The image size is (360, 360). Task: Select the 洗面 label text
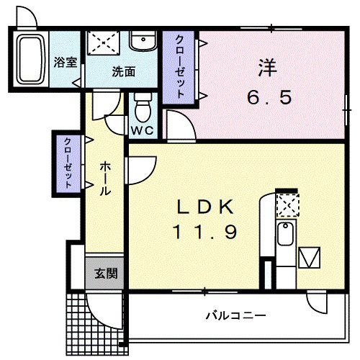[123, 71]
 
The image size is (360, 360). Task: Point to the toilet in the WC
[143, 109]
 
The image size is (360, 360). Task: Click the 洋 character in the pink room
[267, 67]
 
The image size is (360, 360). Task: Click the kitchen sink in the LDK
[285, 235]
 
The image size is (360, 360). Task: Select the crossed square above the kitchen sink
[287, 205]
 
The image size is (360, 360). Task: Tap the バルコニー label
[235, 315]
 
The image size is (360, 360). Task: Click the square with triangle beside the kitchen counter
[310, 257]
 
